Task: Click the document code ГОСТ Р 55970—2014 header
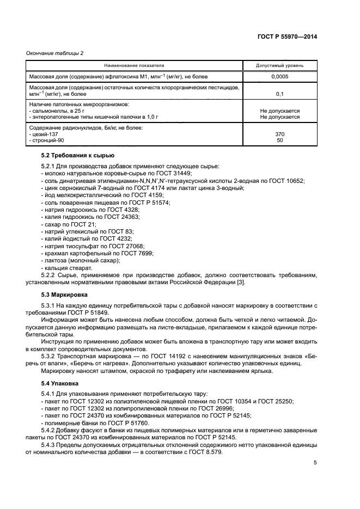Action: tap(287, 36)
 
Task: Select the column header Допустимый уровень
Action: tap(280, 65)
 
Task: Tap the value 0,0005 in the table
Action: tap(280, 77)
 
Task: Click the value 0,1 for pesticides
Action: tap(280, 94)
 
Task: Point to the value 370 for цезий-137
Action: tap(280, 133)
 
